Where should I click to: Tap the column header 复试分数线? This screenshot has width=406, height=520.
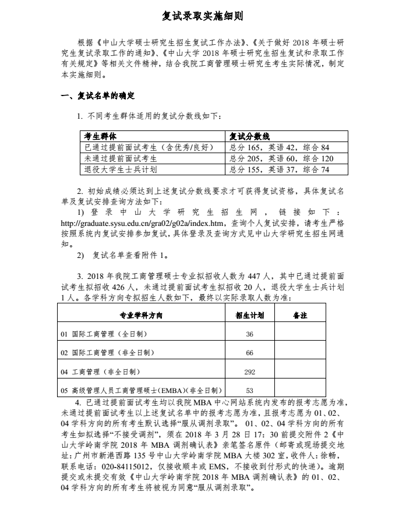click(x=249, y=136)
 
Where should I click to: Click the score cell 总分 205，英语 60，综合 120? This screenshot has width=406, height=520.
click(x=281, y=158)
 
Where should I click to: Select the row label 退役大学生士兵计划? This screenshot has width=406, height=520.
click(x=121, y=169)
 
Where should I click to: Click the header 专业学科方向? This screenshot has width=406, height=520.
click(x=141, y=315)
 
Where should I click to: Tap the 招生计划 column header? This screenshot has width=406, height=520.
click(x=249, y=315)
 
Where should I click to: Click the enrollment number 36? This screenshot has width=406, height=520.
click(x=249, y=334)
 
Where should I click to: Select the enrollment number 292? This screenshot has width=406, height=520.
click(x=249, y=371)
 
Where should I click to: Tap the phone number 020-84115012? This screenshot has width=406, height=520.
click(x=121, y=466)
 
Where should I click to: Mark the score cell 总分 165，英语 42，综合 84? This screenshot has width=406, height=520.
click(x=279, y=147)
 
